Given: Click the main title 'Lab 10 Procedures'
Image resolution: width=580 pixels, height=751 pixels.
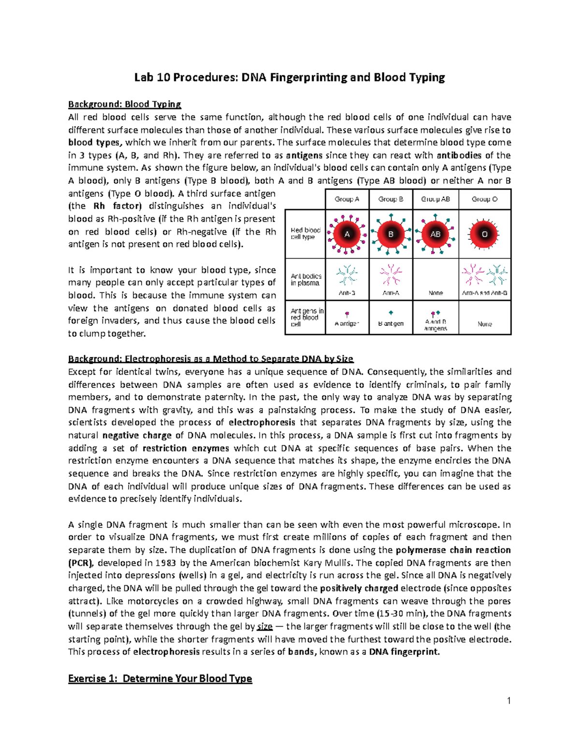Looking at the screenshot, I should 290,77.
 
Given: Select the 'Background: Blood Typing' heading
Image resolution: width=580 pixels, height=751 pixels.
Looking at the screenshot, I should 124,104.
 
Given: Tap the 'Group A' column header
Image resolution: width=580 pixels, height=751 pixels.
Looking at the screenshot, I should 347,199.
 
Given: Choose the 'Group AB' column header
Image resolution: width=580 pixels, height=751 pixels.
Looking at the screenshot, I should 435,199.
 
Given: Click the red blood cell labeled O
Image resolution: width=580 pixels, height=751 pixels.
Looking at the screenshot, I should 484,234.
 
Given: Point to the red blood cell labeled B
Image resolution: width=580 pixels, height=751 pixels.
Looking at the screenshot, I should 391,234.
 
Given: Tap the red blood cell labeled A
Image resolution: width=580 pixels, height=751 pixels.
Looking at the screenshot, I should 347,234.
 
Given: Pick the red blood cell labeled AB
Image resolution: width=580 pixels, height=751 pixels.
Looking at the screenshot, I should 435,234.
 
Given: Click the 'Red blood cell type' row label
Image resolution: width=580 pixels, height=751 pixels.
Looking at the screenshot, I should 305,234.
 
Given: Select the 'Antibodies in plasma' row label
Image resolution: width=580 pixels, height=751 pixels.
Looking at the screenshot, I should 305,280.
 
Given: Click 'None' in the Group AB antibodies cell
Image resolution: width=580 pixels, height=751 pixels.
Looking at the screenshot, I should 435,293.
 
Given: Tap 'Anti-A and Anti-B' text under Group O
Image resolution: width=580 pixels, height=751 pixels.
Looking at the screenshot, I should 484,293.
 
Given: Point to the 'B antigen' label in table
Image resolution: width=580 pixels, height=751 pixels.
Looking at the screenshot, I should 391,324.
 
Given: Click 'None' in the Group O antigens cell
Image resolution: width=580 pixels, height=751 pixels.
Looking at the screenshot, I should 484,324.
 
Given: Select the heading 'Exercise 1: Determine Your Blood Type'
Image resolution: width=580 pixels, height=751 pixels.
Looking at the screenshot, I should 160,678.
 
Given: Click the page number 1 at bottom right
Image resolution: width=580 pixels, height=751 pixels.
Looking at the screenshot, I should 508,701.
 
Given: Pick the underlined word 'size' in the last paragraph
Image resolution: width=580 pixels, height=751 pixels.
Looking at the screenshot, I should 264,627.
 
